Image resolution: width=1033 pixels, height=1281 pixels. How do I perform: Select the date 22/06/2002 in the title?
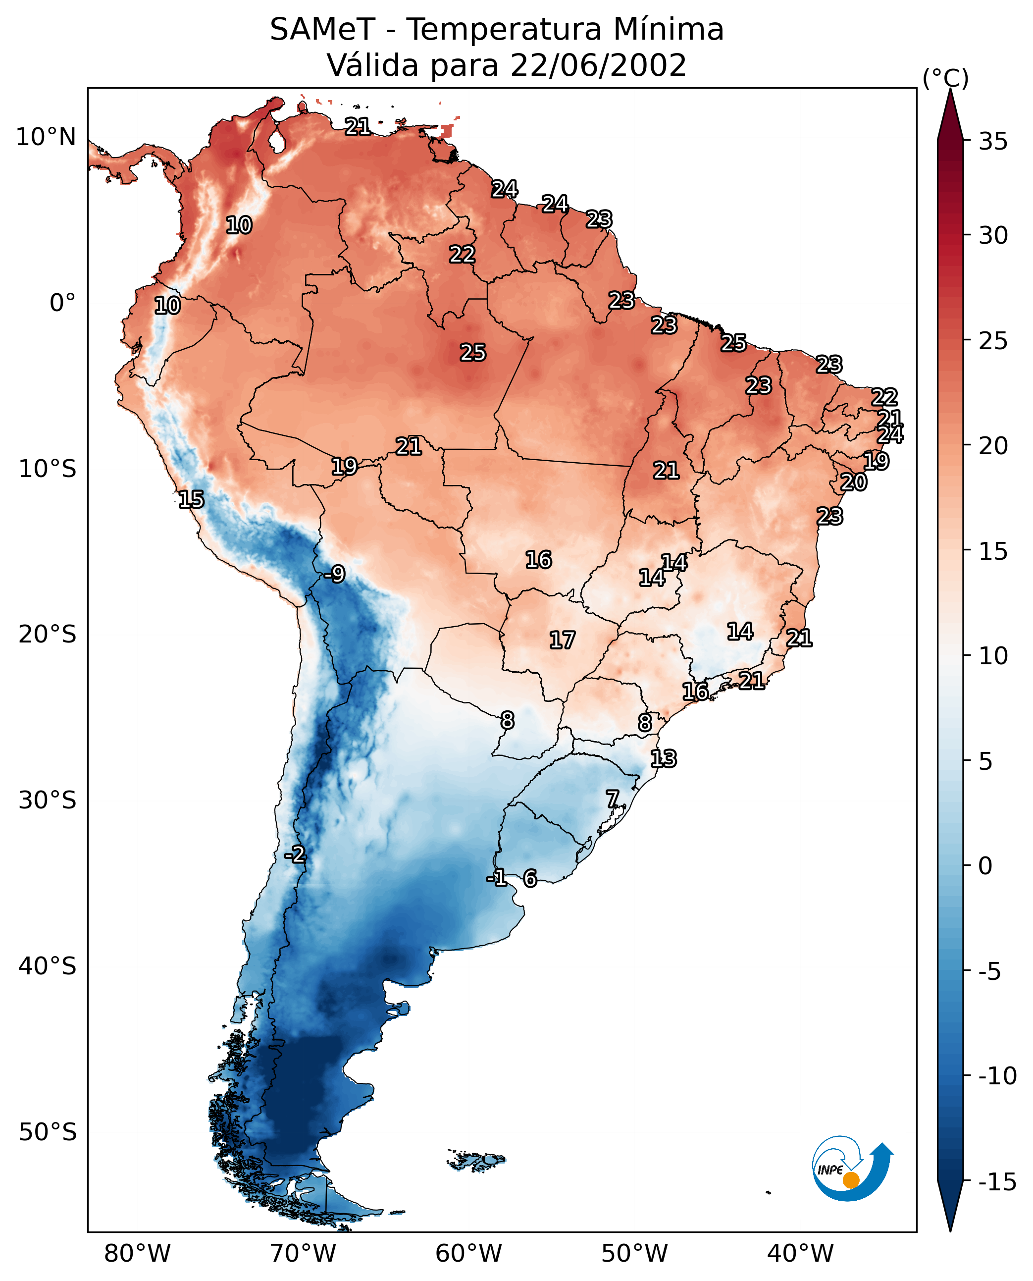pyautogui.click(x=598, y=65)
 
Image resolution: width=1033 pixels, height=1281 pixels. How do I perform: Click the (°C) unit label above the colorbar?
pyautogui.click(x=945, y=78)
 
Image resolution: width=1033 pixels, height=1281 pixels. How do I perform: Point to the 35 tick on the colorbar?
pyautogui.click(x=993, y=142)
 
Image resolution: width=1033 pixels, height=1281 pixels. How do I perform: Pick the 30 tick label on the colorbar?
pyautogui.click(x=993, y=236)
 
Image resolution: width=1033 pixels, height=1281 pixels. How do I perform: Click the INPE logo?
pyautogui.click(x=852, y=1169)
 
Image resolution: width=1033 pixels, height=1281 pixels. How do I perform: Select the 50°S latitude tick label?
pyautogui.click(x=48, y=1131)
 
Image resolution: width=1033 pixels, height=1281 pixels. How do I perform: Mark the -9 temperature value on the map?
pyautogui.click(x=334, y=575)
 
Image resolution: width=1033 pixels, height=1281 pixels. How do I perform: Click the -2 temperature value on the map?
pyautogui.click(x=295, y=855)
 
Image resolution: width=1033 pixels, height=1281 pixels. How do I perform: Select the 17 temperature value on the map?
pyautogui.click(x=562, y=640)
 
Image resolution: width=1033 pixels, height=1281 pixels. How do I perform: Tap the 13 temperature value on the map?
pyautogui.click(x=663, y=759)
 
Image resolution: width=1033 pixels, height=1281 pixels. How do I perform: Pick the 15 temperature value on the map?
pyautogui.click(x=191, y=499)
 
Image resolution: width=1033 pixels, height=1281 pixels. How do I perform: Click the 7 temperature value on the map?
pyautogui.click(x=612, y=799)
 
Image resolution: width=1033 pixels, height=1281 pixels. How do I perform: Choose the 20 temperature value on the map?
pyautogui.click(x=853, y=482)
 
